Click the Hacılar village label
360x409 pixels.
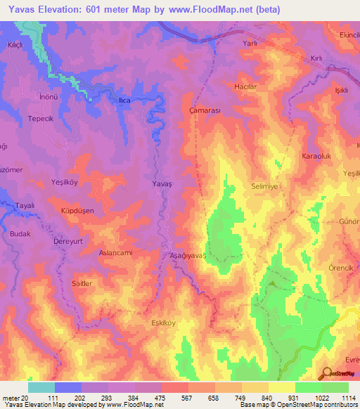247,87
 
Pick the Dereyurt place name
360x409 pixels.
69,240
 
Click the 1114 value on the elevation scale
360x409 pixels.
347,398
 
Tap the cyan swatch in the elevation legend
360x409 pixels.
41,387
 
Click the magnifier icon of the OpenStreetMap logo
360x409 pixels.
326,375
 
